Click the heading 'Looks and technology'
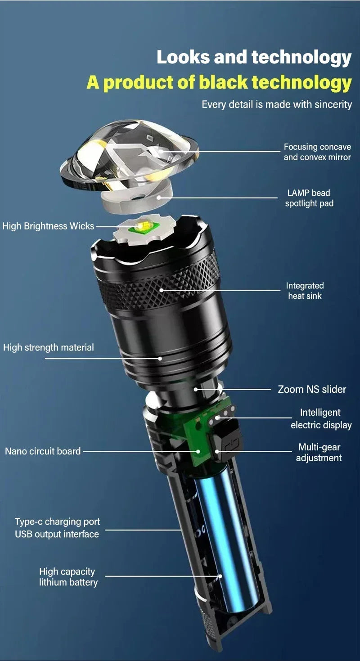tap(254, 58)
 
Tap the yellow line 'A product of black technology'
tap(219, 82)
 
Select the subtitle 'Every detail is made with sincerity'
tap(276, 104)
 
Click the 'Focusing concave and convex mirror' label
tap(317, 152)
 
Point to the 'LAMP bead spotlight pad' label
tap(309, 198)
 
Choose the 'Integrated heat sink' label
tap(305, 291)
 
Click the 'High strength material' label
tap(49, 347)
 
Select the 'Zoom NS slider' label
tap(312, 389)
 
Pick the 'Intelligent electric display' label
tap(320, 418)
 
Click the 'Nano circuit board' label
tap(43, 451)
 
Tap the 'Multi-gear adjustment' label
tap(319, 452)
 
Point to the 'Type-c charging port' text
tap(57, 522)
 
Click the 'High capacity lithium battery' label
tap(68, 577)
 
